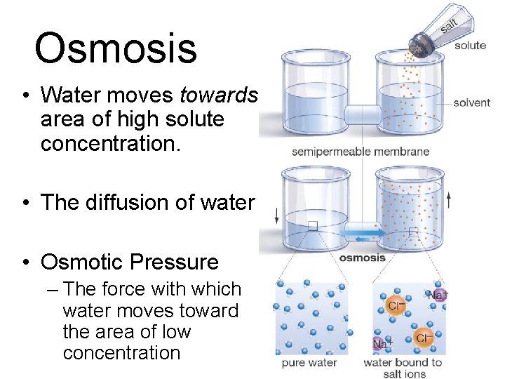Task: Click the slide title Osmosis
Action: click(x=116, y=48)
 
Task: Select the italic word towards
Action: click(x=219, y=95)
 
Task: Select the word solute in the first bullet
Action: click(x=193, y=119)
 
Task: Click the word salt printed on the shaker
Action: click(x=449, y=25)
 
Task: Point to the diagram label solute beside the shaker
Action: click(x=470, y=46)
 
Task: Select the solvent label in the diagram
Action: click(x=471, y=102)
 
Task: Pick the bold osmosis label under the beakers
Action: click(x=363, y=258)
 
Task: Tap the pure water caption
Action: click(x=309, y=363)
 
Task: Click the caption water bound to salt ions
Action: click(x=403, y=368)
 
